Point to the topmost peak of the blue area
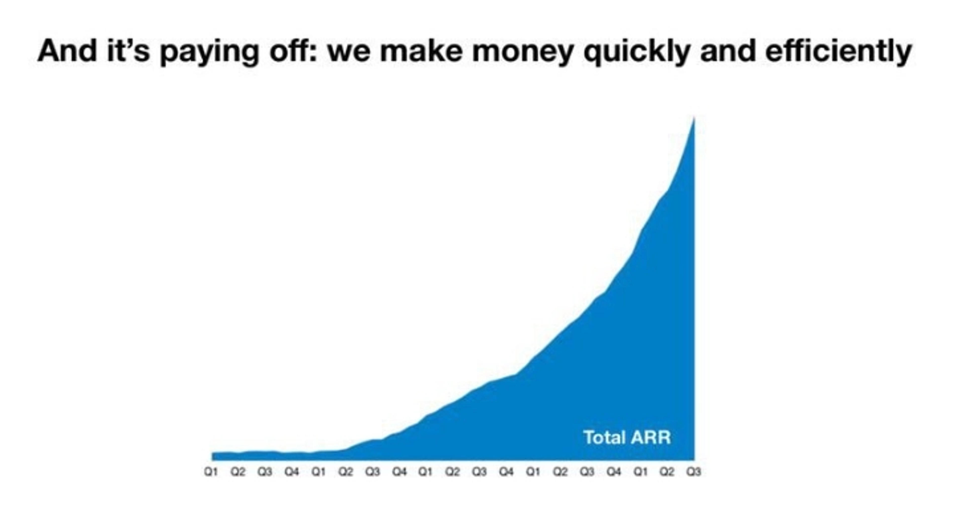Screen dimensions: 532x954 pos(694,118)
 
